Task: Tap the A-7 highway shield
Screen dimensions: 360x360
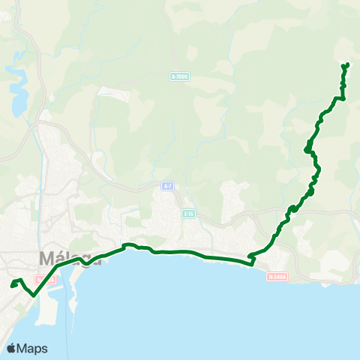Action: pyautogui.click(x=168, y=185)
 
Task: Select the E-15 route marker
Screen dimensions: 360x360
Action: pyautogui.click(x=189, y=214)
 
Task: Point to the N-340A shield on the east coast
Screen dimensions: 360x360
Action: pyautogui.click(x=277, y=276)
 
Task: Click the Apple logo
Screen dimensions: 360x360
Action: pyautogui.click(x=13, y=348)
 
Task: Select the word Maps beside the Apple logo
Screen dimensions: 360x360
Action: pyautogui.click(x=34, y=348)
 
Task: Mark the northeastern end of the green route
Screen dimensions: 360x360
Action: pyautogui.click(x=347, y=64)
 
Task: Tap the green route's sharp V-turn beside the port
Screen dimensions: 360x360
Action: pyautogui.click(x=34, y=295)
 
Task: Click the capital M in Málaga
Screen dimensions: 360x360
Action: pyautogui.click(x=46, y=259)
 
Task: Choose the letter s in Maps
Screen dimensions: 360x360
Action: pyautogui.click(x=44, y=349)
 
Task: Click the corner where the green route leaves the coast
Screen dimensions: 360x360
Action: pyautogui.click(x=252, y=259)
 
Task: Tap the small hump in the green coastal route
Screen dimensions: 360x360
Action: pyautogui.click(x=129, y=245)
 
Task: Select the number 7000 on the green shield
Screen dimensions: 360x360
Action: pyautogui.click(x=181, y=76)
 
